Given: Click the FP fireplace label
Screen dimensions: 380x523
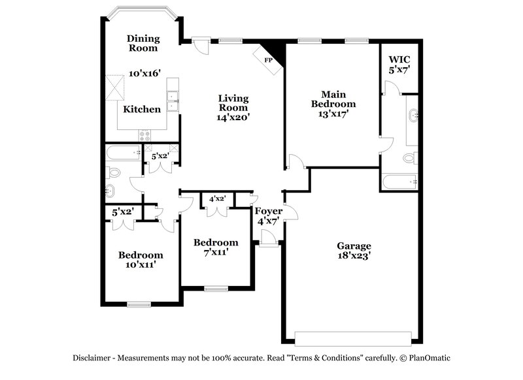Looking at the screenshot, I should [268, 61].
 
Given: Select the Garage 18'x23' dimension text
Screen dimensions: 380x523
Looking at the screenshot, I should [354, 257].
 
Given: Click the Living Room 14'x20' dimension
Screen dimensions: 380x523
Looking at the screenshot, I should [233, 118].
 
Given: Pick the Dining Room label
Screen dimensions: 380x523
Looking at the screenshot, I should [143, 43].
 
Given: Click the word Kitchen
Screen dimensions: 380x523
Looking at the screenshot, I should [142, 109].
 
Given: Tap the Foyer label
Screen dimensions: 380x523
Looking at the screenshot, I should [268, 211].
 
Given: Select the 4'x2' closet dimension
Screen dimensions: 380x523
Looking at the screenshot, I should [217, 198].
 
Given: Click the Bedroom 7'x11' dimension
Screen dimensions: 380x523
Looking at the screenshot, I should [216, 252].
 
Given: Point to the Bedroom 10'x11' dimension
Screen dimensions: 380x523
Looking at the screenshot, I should [141, 265].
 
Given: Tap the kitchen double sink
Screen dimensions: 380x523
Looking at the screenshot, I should [173, 103].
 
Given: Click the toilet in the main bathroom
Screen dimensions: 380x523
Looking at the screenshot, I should [410, 157].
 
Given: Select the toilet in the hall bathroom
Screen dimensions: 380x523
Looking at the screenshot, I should [114, 173].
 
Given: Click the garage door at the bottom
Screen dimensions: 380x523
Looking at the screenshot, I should [353, 338].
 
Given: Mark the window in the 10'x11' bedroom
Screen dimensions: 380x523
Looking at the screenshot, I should [139, 304].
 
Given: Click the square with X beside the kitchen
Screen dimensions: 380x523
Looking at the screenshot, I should [116, 87].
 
